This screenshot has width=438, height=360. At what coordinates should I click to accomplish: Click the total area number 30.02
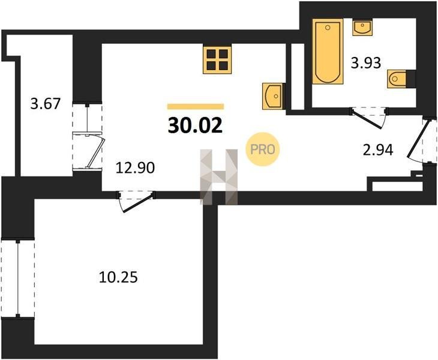click(x=195, y=125)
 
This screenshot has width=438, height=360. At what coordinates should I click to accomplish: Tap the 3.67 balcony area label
click(x=45, y=104)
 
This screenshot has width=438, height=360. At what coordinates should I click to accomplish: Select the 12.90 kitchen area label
click(x=135, y=168)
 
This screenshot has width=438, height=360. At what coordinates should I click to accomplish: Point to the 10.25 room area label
click(x=118, y=278)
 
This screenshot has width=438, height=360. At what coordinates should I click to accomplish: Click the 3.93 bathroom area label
click(x=366, y=63)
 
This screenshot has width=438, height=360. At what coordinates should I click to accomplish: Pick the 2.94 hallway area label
click(x=378, y=150)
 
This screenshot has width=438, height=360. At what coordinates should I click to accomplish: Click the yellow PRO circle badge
click(x=263, y=149)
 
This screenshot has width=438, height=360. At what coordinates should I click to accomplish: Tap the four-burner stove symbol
click(x=217, y=59)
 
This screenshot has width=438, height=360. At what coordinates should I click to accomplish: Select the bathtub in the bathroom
click(x=328, y=52)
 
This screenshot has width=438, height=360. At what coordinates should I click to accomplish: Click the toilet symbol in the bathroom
click(x=397, y=79)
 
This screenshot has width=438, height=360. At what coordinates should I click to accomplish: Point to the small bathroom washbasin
click(x=362, y=28)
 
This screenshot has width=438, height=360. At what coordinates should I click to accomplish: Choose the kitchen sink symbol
click(x=273, y=97)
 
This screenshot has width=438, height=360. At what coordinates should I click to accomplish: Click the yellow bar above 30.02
click(x=196, y=106)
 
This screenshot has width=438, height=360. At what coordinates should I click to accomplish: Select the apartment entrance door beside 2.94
click(x=419, y=140)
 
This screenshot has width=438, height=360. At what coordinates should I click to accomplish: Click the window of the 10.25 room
click(x=18, y=278)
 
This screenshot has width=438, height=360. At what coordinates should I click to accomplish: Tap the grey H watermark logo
click(x=219, y=177)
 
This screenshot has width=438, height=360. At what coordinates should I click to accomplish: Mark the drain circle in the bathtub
click(x=328, y=28)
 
